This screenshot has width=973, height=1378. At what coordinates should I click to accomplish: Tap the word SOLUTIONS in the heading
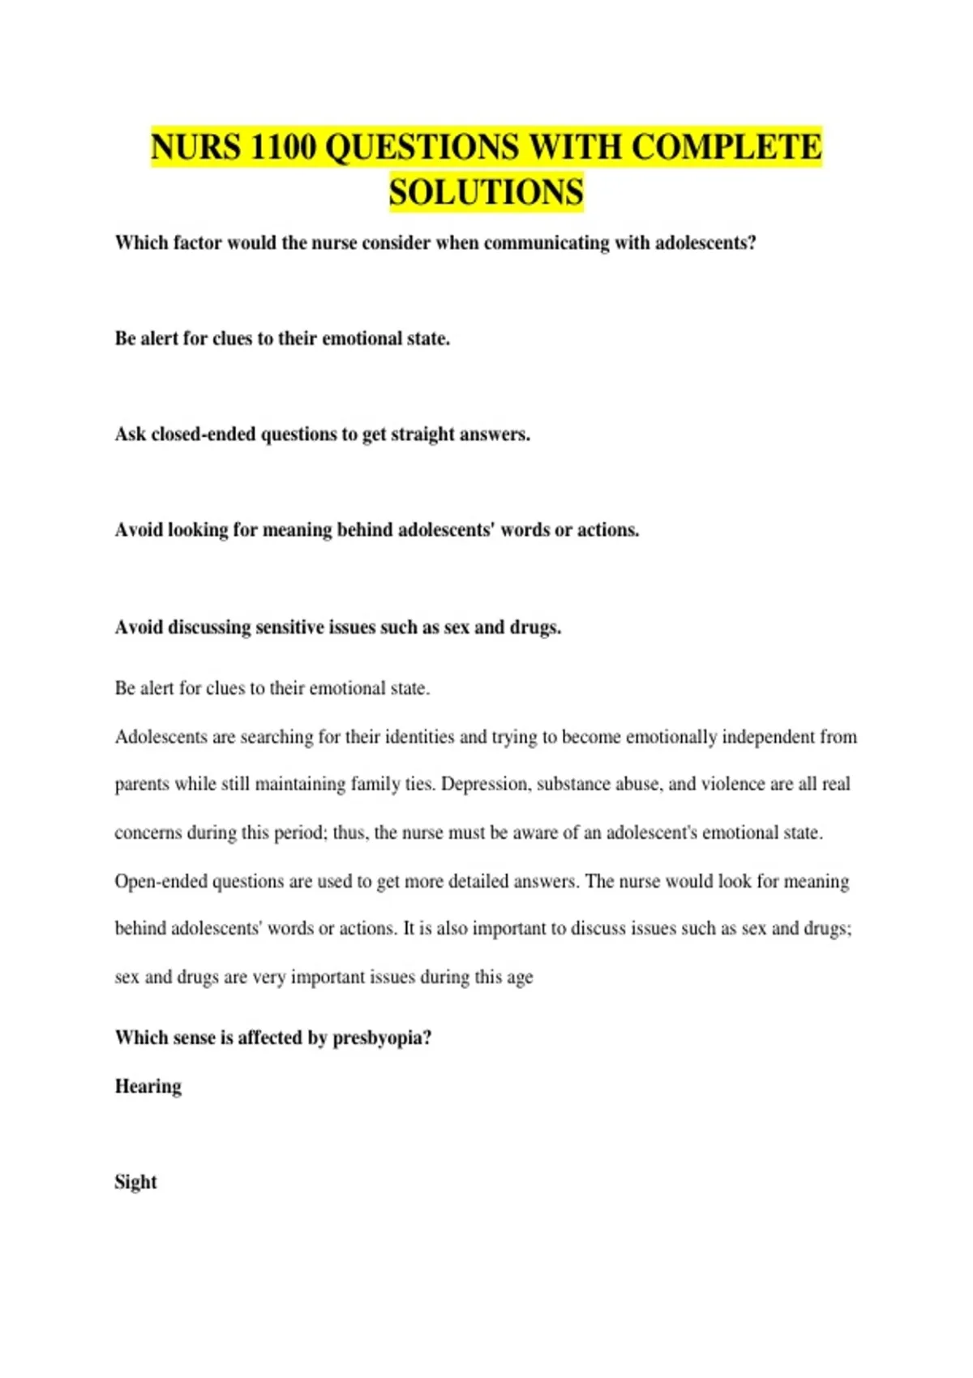pos(486,193)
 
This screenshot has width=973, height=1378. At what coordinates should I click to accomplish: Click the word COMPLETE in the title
pos(726,148)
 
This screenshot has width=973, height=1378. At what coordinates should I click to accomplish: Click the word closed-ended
pos(204,434)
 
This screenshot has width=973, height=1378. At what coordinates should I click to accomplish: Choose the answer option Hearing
pos(148,1087)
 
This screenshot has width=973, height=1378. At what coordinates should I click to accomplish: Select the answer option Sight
pos(135,1182)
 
